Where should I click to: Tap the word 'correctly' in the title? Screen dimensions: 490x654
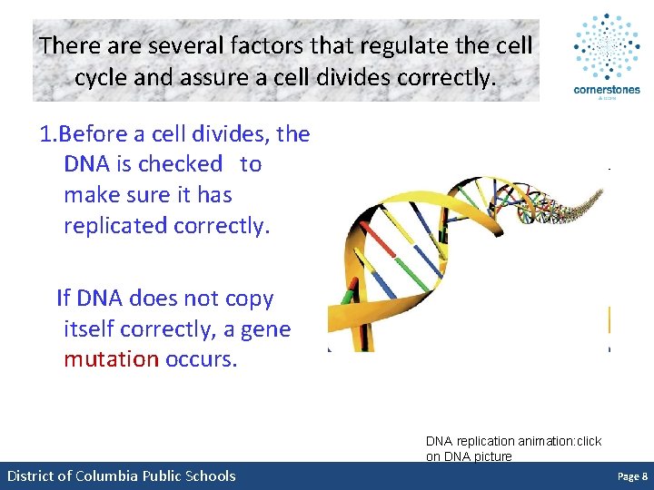(x=437, y=77)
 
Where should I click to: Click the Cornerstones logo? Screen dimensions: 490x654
(x=606, y=56)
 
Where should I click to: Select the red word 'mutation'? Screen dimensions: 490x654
(x=111, y=358)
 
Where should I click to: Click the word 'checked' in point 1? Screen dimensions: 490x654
(x=180, y=164)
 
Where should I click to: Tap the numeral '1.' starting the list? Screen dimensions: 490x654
(x=49, y=134)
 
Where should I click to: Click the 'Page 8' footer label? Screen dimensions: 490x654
(x=632, y=476)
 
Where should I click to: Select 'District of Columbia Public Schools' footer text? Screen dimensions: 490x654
(x=121, y=476)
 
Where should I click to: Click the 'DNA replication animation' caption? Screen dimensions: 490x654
(x=513, y=448)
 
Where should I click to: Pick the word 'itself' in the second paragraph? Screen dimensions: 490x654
(x=89, y=328)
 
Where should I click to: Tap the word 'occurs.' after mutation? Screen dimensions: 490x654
(x=201, y=358)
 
